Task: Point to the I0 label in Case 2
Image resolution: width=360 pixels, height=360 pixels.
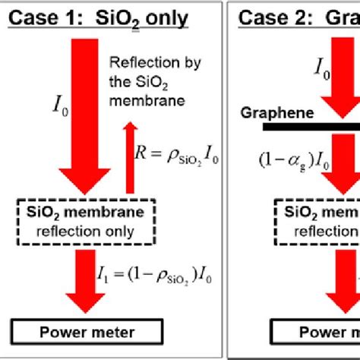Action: [x=324, y=69]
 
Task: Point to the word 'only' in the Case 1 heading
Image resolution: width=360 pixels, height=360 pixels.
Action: [x=166, y=17]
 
